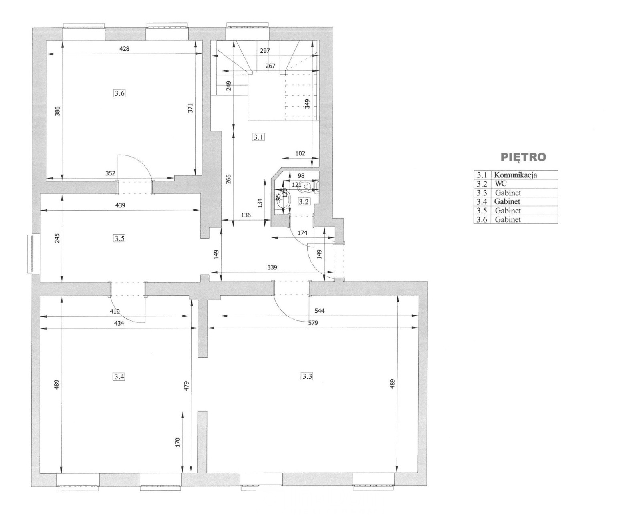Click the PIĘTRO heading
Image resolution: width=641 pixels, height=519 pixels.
(523, 157)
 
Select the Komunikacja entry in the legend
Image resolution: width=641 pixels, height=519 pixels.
(516, 175)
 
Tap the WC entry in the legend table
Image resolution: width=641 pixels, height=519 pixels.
(500, 183)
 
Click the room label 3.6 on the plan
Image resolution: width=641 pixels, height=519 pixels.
(119, 93)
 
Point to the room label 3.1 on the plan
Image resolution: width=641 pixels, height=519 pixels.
(258, 137)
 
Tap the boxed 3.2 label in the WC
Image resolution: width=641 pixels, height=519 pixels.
(304, 201)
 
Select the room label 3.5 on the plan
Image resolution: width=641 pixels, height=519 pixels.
(119, 239)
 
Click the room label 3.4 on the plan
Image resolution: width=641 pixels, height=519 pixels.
(119, 376)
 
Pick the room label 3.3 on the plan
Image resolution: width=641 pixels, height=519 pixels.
(307, 376)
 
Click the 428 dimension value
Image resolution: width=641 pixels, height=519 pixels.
(124, 49)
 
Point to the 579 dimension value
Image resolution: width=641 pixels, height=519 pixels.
(312, 323)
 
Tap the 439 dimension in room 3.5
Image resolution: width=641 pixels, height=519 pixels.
(120, 205)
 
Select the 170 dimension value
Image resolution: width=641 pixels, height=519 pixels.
(177, 442)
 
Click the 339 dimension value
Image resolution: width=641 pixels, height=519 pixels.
(272, 267)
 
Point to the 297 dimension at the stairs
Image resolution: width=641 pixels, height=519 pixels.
(265, 51)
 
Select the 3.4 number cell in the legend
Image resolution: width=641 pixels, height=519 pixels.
(482, 201)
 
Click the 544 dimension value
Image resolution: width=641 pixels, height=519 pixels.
(319, 311)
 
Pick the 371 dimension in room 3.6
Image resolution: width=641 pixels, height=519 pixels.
(190, 108)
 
